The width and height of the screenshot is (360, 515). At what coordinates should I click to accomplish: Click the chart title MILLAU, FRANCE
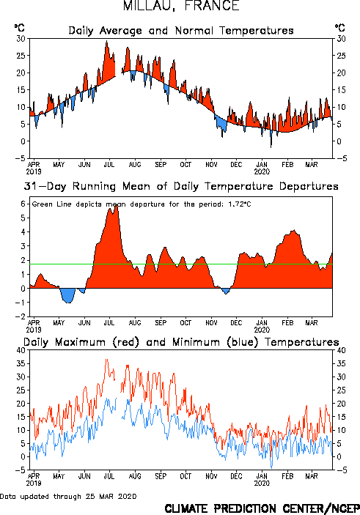181,6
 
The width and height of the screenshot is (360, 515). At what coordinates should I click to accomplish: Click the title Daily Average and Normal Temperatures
181,31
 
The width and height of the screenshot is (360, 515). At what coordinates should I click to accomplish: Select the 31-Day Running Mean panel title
181,186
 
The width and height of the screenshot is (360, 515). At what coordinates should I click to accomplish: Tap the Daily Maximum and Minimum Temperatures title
181,342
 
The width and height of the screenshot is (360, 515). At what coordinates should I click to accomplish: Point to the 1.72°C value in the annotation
240,204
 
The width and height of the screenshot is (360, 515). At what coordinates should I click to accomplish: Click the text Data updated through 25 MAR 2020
68,496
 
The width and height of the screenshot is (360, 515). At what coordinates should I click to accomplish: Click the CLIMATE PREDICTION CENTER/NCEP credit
262,508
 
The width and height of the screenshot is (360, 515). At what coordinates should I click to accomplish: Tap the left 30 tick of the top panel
21,39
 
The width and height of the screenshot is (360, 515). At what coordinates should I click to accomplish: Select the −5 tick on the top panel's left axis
20,158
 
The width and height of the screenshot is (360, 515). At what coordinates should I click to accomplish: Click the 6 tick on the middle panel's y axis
23,204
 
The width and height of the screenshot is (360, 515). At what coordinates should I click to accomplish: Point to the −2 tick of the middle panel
20,316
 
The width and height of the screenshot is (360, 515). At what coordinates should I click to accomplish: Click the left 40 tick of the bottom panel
21,350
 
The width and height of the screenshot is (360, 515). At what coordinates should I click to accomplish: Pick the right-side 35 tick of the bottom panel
341,363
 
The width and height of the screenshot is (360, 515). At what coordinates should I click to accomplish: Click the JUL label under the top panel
109,165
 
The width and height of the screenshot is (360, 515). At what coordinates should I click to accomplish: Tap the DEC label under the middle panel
236,323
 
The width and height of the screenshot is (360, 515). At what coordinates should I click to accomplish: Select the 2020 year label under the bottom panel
262,483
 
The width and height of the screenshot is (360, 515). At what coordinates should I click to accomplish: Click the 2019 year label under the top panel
34,171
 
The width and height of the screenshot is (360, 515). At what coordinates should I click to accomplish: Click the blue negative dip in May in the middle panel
67,296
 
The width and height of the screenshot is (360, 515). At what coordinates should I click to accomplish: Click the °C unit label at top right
340,28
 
